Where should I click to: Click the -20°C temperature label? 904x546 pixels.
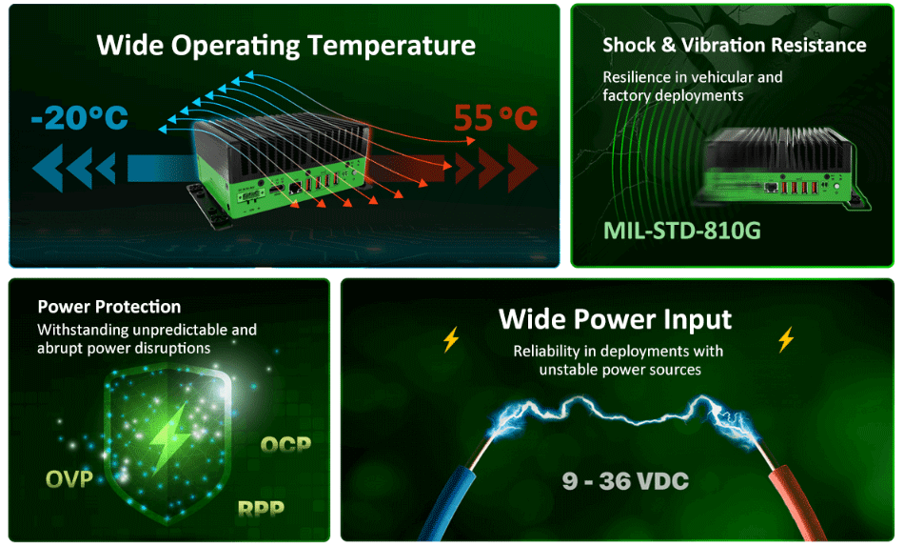click(x=79, y=118)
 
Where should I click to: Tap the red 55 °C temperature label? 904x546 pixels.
click(x=495, y=118)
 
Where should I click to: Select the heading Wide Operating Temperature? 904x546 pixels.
click(x=286, y=45)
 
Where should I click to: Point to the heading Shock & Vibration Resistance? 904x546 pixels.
click(x=734, y=46)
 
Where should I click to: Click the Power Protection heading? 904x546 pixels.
click(x=108, y=307)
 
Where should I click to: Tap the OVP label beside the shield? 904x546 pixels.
click(x=69, y=477)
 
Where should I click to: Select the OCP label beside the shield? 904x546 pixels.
click(x=285, y=444)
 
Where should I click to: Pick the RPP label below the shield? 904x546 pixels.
click(x=261, y=508)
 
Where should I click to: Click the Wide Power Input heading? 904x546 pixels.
click(x=616, y=318)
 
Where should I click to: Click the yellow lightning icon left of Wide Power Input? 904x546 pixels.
click(x=451, y=339)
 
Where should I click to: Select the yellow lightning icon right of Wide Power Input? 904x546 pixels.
click(x=786, y=339)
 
